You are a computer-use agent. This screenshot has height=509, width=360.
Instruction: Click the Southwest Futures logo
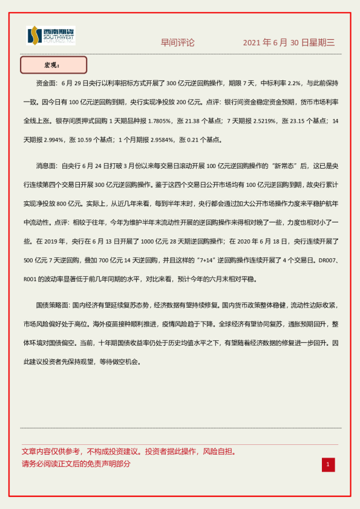50,36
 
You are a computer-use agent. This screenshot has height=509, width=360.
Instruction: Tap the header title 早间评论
177,42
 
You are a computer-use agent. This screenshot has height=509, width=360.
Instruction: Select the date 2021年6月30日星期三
289,42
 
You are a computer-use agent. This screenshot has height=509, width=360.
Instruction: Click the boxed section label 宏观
53,65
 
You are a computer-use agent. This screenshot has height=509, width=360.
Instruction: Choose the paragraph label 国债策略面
53,305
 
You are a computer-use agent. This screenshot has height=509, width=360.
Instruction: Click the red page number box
327,464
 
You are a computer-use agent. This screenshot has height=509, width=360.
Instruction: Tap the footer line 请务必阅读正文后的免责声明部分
76,464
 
